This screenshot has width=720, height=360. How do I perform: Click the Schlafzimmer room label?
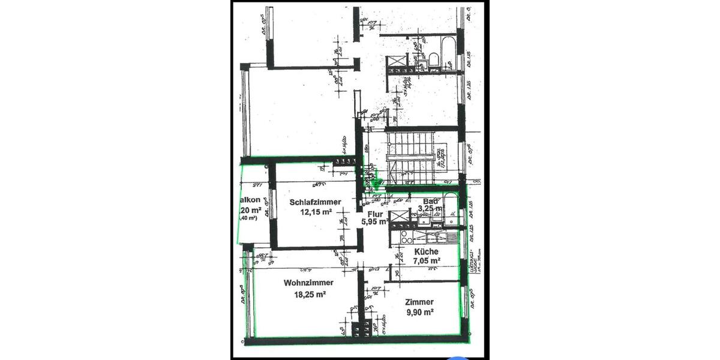pos(316,202)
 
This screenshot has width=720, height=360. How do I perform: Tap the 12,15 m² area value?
pos(316,212)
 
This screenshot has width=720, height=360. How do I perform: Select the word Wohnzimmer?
pos(309,283)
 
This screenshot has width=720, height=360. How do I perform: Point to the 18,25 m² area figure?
pos(310,295)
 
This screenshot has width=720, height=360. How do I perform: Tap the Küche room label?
pos(426,252)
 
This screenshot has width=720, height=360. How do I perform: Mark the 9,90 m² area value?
pos(419,312)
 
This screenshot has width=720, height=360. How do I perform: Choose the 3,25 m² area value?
pos(430,209)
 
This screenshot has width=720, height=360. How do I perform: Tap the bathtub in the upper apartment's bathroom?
pos(446,51)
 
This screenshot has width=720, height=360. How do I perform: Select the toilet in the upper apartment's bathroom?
pos(432,59)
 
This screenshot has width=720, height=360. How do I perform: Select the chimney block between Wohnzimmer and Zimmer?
pos(361,329)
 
